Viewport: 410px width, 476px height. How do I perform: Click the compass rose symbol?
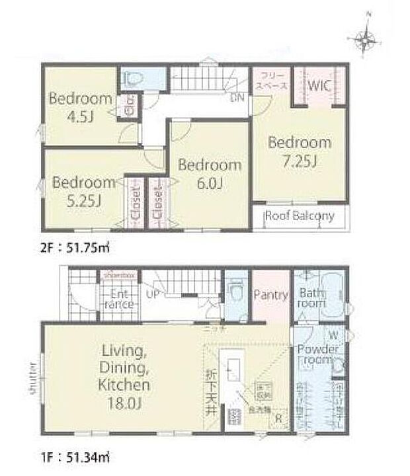coord(366,39)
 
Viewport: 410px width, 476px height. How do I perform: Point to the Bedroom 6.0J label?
coord(209,173)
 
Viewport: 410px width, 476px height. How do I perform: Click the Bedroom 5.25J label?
coord(84,190)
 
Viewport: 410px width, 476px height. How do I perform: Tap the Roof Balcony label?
coord(300,216)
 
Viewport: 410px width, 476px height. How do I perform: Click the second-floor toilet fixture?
coord(135,79)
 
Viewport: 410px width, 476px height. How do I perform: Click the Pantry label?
coord(271,295)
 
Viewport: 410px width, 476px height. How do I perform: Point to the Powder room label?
coord(318,355)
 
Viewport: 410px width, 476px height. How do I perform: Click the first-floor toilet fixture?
coord(235,291)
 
